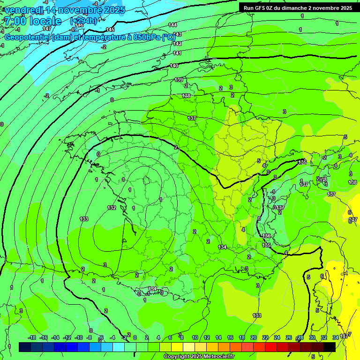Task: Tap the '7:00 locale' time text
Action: [32, 21]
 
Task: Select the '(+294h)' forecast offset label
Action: [83, 21]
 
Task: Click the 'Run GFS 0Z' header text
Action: [260, 7]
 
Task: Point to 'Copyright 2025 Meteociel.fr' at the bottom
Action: [199, 357]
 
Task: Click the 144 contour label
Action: [172, 25]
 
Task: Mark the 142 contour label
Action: [177, 44]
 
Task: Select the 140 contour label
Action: [174, 66]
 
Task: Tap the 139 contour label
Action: [179, 80]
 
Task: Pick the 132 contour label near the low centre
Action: [112, 208]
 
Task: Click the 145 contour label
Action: [110, 30]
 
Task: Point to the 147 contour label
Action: [47, 29]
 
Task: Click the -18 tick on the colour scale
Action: [32, 337]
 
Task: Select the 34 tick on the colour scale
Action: [336, 337]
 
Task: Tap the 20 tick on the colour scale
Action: [254, 337]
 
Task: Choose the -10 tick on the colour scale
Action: [79, 337]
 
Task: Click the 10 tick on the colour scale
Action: [195, 337]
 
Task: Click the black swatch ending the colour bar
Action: [330, 347]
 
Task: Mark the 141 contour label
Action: [177, 53]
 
